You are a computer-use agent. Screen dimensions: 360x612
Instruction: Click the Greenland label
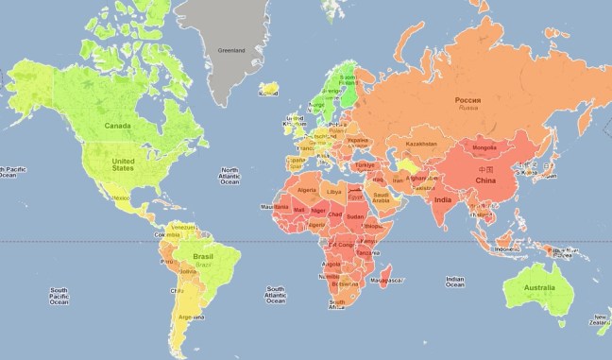click(x=233, y=50)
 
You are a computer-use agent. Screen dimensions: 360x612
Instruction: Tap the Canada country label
click(x=116, y=125)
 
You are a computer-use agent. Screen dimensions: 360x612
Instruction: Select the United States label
click(x=124, y=164)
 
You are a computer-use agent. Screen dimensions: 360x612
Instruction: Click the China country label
click(x=485, y=180)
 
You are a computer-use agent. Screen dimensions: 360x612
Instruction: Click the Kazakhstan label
click(x=422, y=144)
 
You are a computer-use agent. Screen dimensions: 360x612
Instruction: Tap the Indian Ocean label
click(x=455, y=283)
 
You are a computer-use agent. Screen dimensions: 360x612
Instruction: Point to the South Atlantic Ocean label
click(x=275, y=295)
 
